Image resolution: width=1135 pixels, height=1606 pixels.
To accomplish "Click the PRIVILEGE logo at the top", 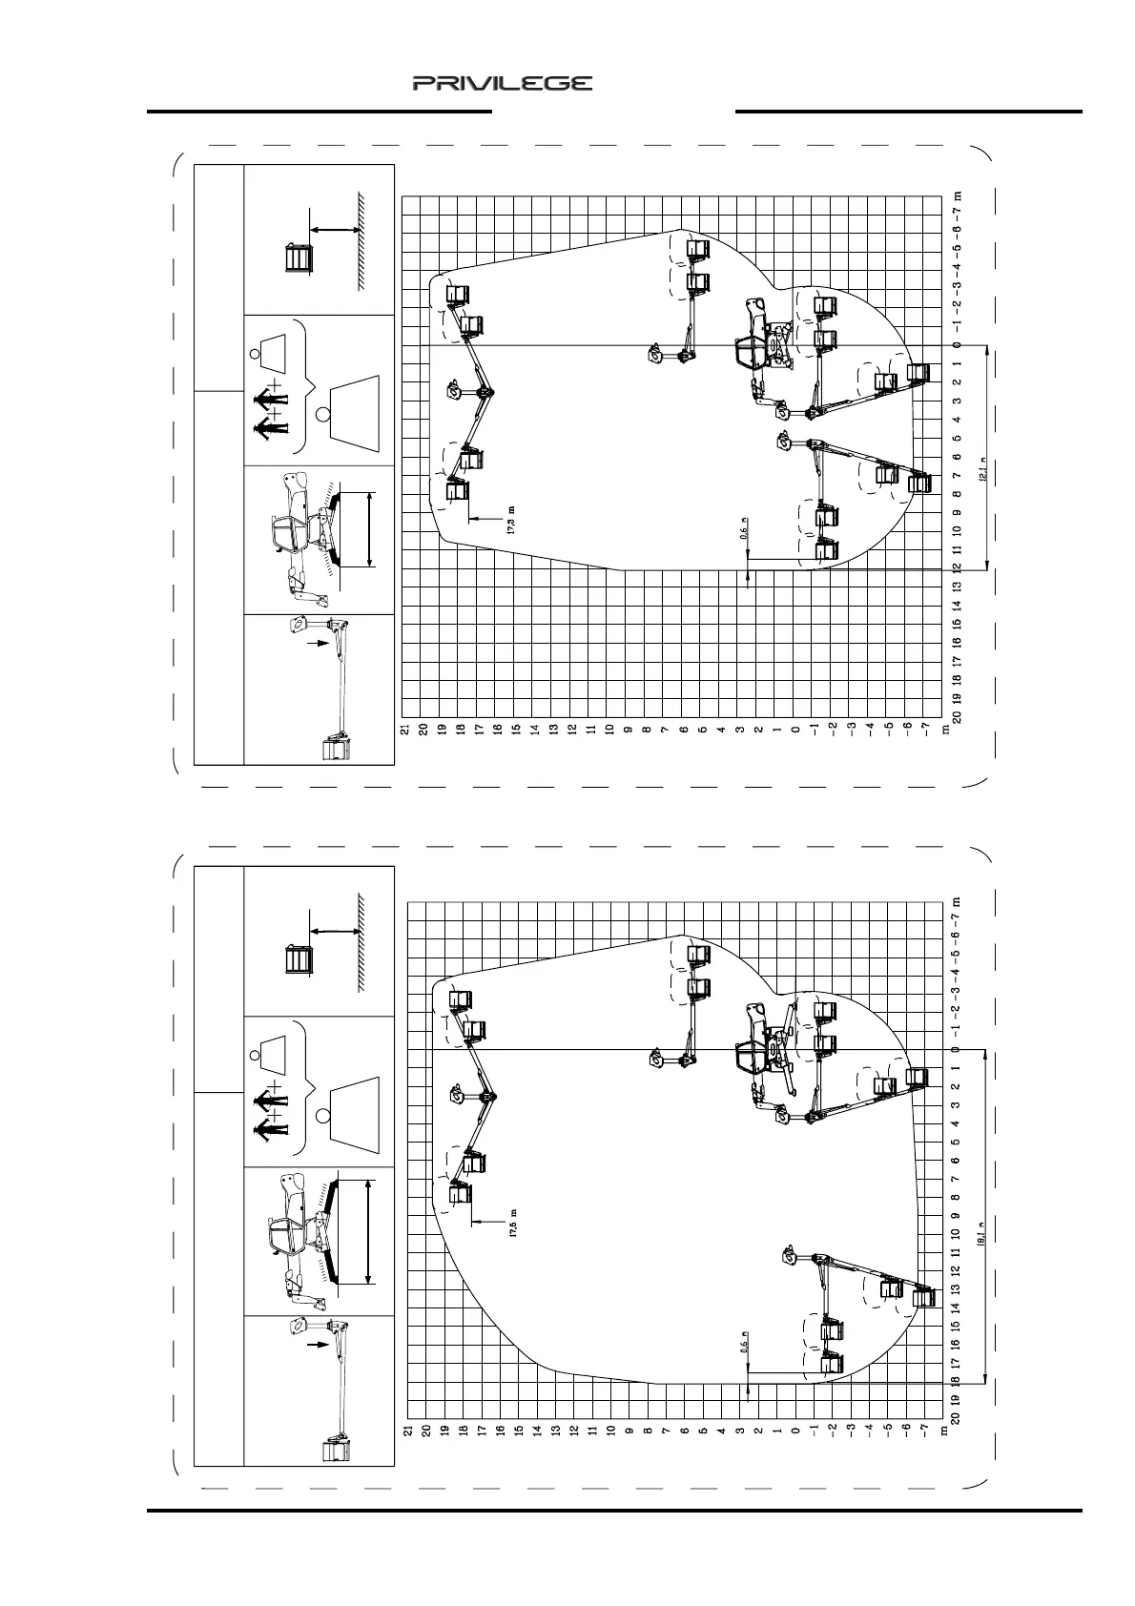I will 503,83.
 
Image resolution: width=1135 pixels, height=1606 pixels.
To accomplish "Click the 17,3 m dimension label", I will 512,522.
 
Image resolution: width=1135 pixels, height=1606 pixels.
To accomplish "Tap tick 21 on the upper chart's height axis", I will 405,730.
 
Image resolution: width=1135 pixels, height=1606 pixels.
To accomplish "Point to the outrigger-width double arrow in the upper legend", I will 368,529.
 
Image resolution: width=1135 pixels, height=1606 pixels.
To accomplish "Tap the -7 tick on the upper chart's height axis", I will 925,730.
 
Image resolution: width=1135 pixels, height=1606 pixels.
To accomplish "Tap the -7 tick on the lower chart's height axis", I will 925,1431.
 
